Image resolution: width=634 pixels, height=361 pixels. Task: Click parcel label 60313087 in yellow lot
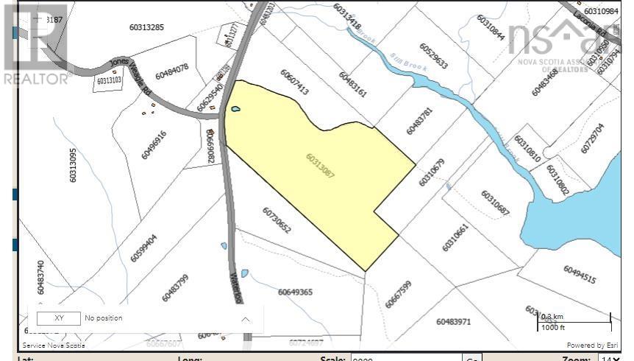pos(320,166)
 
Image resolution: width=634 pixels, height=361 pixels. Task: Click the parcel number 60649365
pos(295,292)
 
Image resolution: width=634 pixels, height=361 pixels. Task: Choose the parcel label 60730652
pos(277,220)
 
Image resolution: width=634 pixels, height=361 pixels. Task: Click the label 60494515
pos(580,274)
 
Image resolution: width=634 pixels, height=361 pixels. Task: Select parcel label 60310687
pos(495,203)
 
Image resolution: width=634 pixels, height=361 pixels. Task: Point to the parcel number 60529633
pos(434,55)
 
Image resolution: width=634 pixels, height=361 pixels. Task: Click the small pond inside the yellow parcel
pos(235,109)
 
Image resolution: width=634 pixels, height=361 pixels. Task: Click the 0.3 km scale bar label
pos(553,316)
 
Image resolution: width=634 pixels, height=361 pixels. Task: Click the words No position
pos(104,318)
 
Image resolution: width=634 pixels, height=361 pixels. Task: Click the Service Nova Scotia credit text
pos(53,345)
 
